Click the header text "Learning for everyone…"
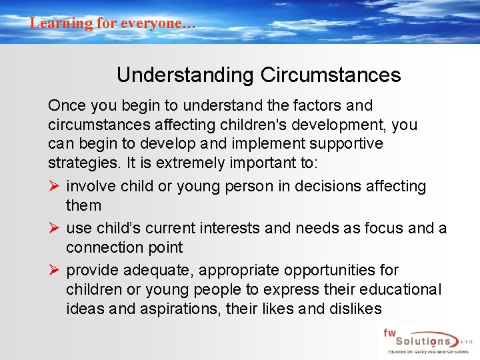[x=113, y=23]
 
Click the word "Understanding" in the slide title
[x=185, y=75]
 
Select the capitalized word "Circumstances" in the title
[x=331, y=75]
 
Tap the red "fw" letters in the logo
[x=390, y=332]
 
